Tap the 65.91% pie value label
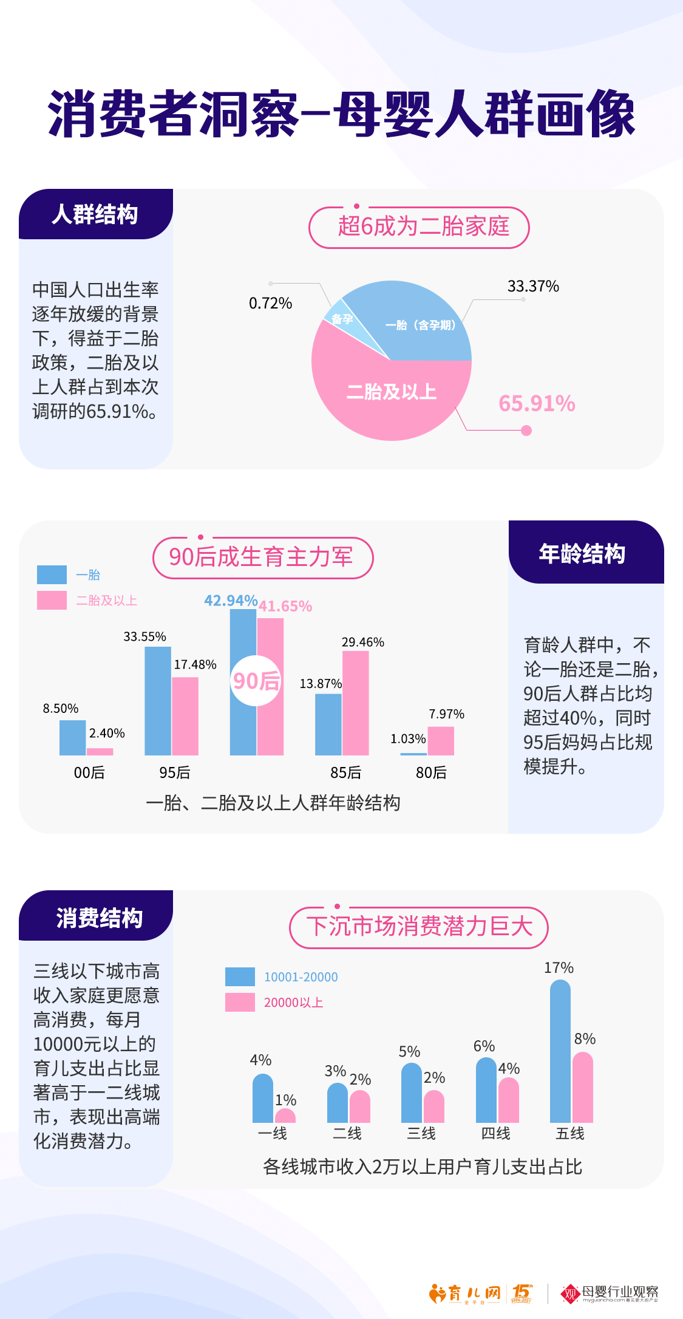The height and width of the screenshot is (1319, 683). click(x=537, y=404)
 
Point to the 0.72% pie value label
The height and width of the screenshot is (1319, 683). click(x=270, y=303)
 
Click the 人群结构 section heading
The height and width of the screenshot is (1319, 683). click(x=95, y=215)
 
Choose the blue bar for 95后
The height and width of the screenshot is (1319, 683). click(x=158, y=701)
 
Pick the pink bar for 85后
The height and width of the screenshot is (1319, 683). click(x=356, y=703)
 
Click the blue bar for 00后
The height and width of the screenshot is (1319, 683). click(x=72, y=737)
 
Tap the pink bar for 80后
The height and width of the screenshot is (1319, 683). click(x=441, y=741)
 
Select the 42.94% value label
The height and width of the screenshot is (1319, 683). click(x=231, y=601)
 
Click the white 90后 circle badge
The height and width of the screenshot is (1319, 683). click(x=256, y=681)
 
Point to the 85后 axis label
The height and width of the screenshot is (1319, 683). click(x=345, y=772)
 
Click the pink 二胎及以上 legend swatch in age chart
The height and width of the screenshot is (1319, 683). click(x=52, y=600)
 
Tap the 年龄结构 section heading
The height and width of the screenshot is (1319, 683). click(x=582, y=554)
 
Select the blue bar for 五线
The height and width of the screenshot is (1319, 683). click(x=560, y=1051)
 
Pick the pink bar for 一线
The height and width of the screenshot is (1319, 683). click(x=285, y=1116)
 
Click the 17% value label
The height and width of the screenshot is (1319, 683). click(x=559, y=968)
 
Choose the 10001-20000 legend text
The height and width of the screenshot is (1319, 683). click(x=301, y=977)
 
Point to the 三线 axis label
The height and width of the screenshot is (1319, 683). click(x=421, y=1133)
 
